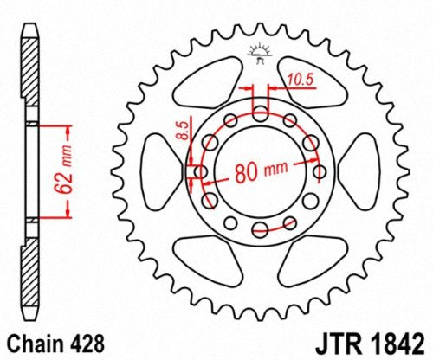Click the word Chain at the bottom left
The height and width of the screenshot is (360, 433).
[x=31, y=343]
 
